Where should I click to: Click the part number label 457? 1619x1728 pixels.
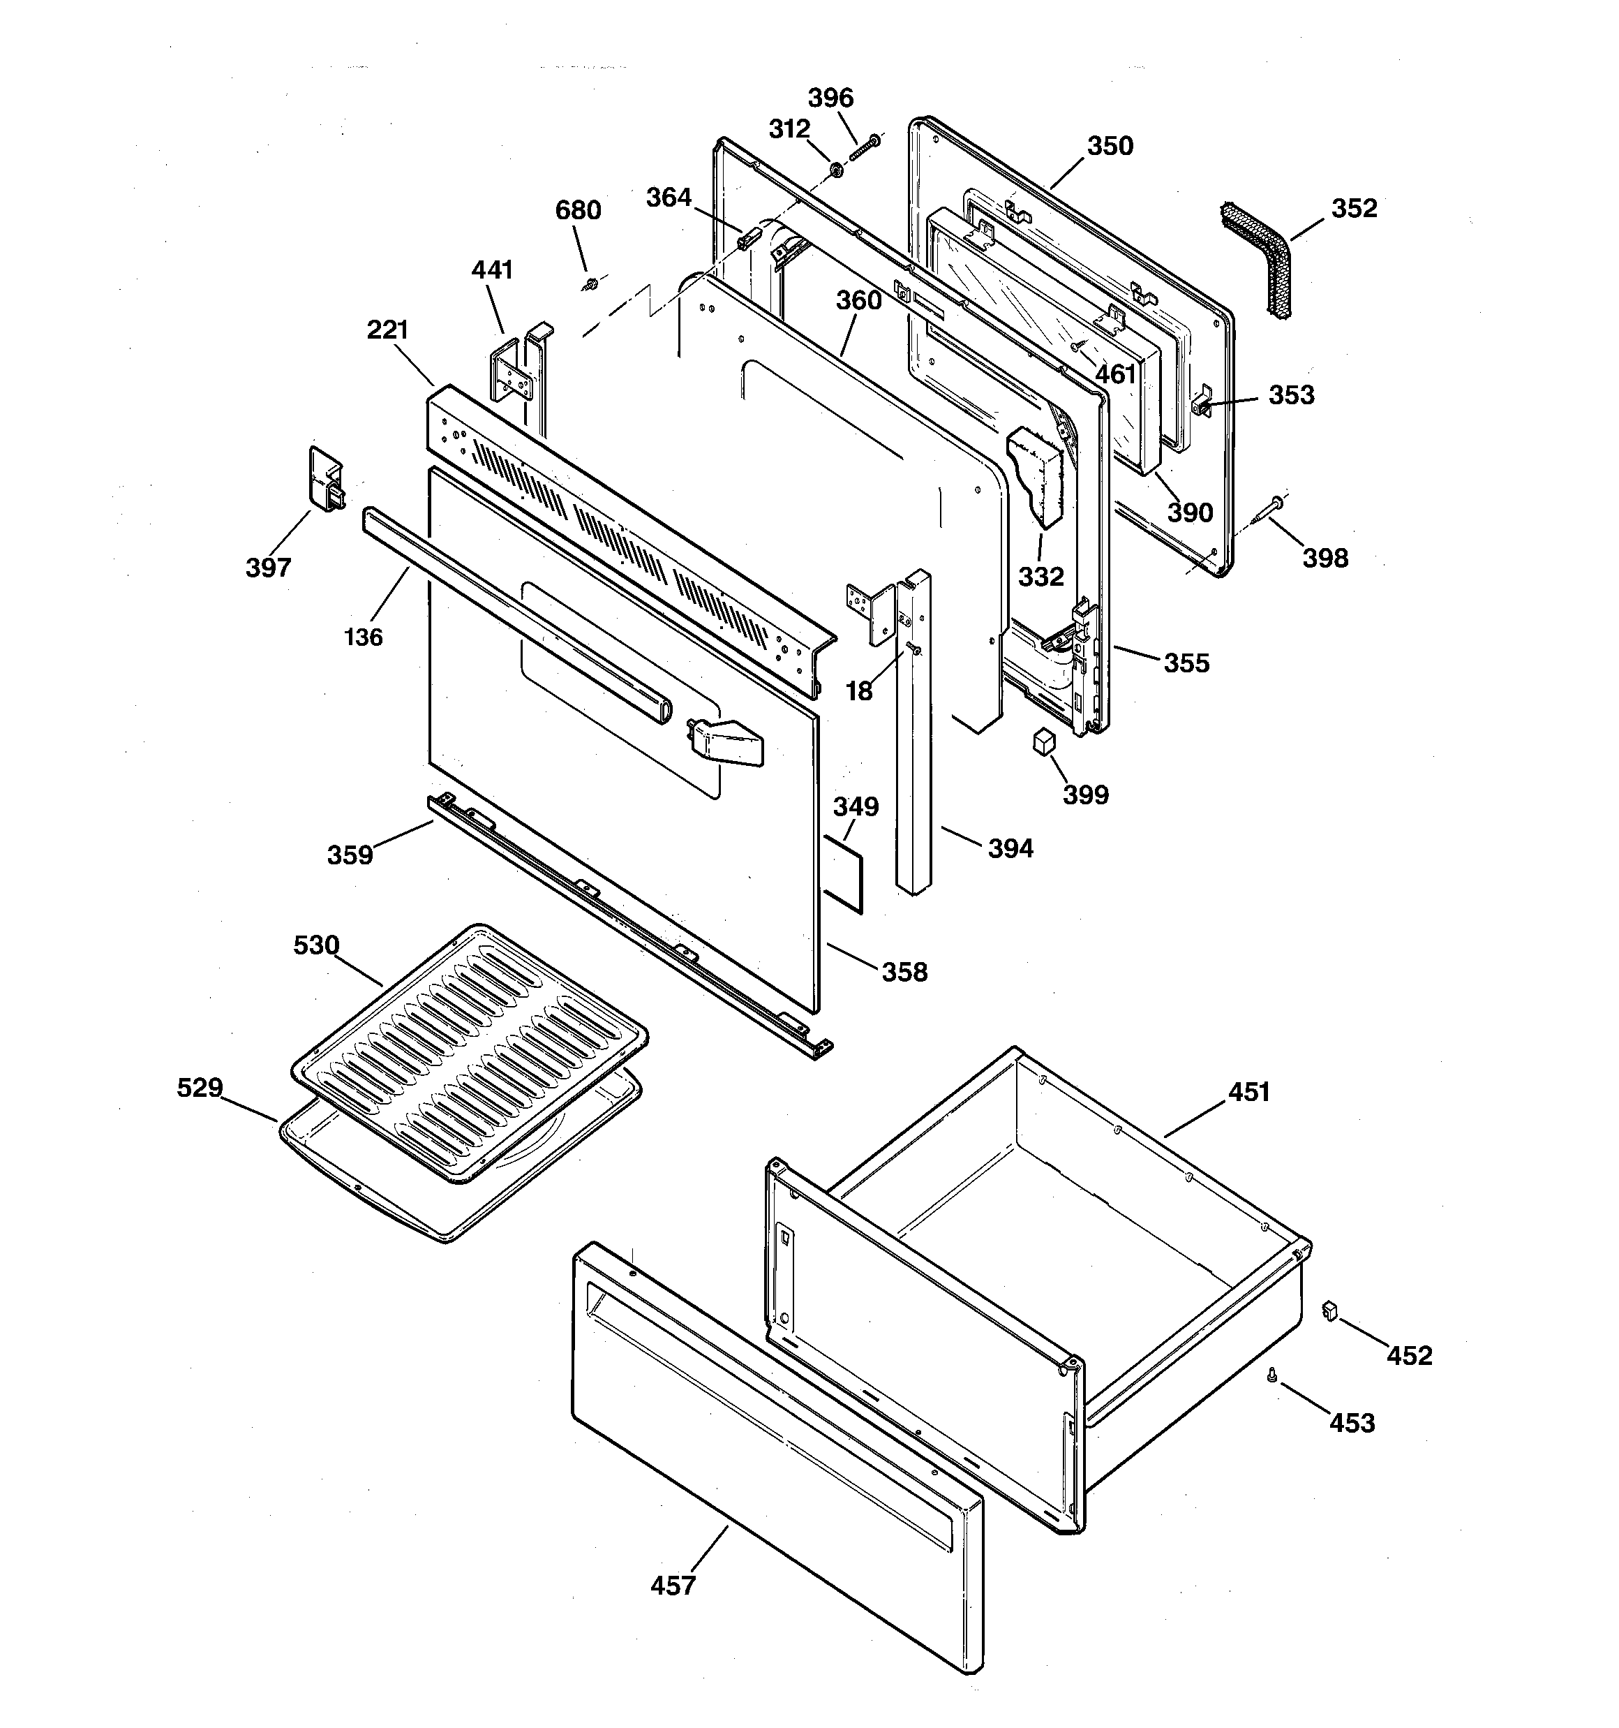pos(673,1586)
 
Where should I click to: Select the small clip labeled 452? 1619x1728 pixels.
pos(1328,1310)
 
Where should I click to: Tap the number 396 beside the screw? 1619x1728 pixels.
pos(831,97)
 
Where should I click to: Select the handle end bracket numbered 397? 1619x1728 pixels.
pos(325,480)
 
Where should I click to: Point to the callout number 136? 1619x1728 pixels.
pos(364,637)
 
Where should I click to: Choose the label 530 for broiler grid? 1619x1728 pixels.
pos(316,945)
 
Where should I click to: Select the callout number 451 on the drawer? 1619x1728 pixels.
pos(1249,1092)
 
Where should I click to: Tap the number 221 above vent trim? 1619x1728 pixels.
pos(387,330)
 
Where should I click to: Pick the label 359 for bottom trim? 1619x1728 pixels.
pos(350,855)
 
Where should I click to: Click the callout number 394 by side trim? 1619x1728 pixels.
pos(1010,848)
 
